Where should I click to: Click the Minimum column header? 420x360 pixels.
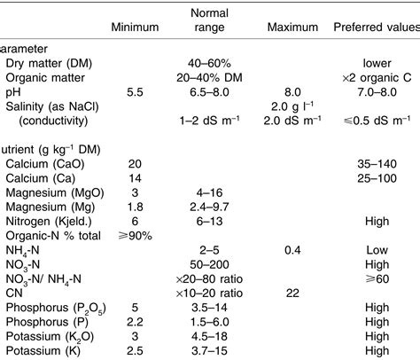tap(134, 27)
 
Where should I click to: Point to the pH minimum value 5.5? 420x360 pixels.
tap(135, 91)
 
